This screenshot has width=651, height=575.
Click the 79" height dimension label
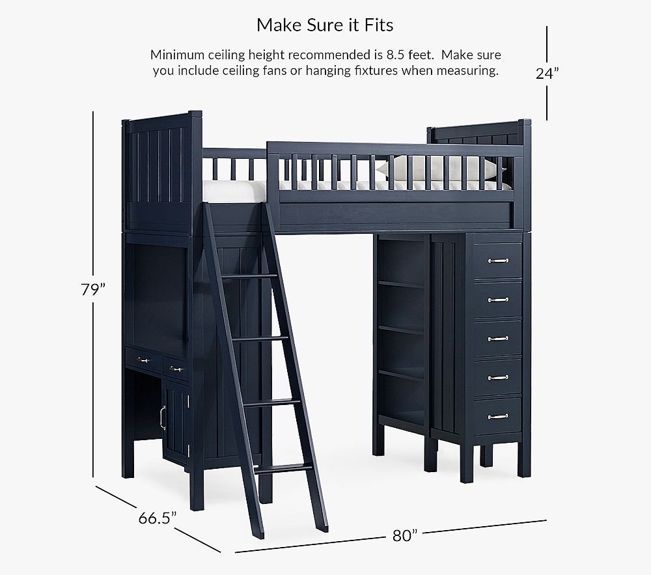tap(93, 289)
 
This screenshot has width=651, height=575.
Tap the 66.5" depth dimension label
tap(158, 518)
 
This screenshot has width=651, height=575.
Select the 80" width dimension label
tap(404, 535)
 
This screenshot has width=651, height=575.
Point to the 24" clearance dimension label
tap(547, 74)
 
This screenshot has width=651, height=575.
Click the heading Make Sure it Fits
tap(325, 25)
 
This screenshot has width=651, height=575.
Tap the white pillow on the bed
tap(440, 169)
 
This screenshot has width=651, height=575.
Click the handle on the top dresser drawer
tap(498, 260)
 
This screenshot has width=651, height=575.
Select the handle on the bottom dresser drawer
tap(498, 416)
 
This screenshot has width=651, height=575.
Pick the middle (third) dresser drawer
tap(498, 338)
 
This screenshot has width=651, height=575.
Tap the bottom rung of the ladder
tap(284, 470)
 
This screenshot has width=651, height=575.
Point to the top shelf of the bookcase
tap(400, 284)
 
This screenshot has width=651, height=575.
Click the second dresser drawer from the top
tap(498, 300)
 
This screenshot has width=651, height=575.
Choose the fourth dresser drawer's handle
tap(498, 378)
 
